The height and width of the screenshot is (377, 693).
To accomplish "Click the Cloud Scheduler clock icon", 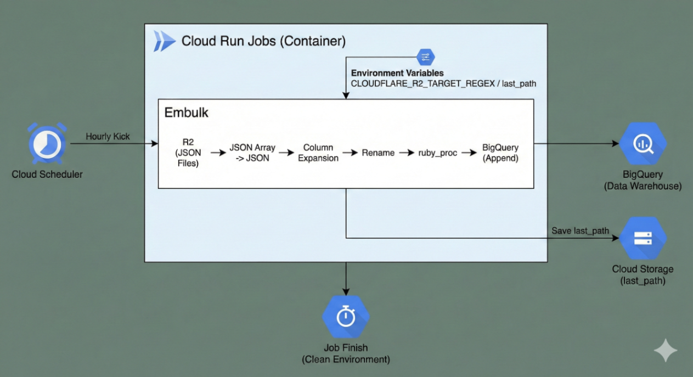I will click(47, 144).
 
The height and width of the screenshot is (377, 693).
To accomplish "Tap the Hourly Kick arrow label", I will click(108, 137).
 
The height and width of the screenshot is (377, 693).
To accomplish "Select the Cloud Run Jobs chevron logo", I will click(164, 41).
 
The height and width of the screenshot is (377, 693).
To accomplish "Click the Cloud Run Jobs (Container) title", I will click(263, 41).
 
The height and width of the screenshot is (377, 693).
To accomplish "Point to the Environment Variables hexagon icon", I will click(425, 57).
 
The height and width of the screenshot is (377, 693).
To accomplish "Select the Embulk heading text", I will click(186, 113).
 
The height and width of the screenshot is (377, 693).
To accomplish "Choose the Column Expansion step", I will click(318, 153).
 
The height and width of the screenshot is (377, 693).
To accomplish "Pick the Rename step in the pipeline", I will click(378, 153).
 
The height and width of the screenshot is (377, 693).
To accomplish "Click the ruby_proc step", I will click(437, 153).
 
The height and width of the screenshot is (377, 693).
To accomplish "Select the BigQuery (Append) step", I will click(500, 153).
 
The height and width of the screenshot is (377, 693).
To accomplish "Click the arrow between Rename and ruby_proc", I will click(406, 153).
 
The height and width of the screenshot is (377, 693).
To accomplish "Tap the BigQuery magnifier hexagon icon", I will click(643, 144).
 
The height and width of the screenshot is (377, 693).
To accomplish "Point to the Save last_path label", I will click(580, 230).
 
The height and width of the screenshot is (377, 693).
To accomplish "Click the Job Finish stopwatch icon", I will click(346, 317).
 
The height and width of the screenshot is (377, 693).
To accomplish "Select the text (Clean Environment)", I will click(346, 360).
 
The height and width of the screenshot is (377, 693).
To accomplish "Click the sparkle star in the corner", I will click(665, 350).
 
